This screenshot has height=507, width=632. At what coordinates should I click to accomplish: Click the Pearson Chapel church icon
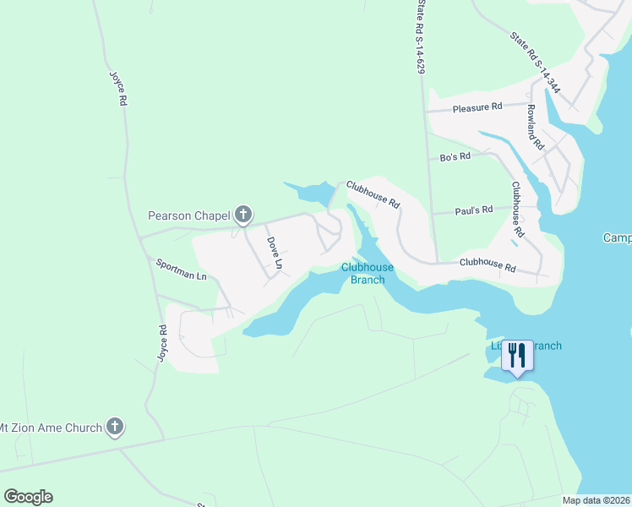pyautogui.click(x=242, y=215)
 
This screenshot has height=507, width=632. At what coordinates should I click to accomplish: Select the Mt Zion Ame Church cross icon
pyautogui.click(x=116, y=428)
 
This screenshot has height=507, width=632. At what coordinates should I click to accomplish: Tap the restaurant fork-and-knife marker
pyautogui.click(x=517, y=357)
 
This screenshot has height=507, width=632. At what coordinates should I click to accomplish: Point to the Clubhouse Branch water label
pyautogui.click(x=368, y=273)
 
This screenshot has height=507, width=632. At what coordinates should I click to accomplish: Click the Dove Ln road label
pyautogui.click(x=274, y=253)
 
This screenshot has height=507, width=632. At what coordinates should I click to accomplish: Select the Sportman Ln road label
pyautogui.click(x=181, y=269)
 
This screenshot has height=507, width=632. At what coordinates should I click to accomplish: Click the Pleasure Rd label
pyautogui.click(x=477, y=107)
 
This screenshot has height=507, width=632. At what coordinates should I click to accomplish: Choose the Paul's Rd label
pyautogui.click(x=473, y=209)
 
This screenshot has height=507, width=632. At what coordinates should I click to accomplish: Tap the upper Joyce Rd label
pyautogui.click(x=117, y=87)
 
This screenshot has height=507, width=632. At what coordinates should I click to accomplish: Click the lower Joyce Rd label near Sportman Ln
pyautogui.click(x=162, y=342)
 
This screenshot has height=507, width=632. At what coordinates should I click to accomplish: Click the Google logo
pyautogui.click(x=28, y=497)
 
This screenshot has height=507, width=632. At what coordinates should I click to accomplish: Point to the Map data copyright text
pyautogui.click(x=596, y=500)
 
